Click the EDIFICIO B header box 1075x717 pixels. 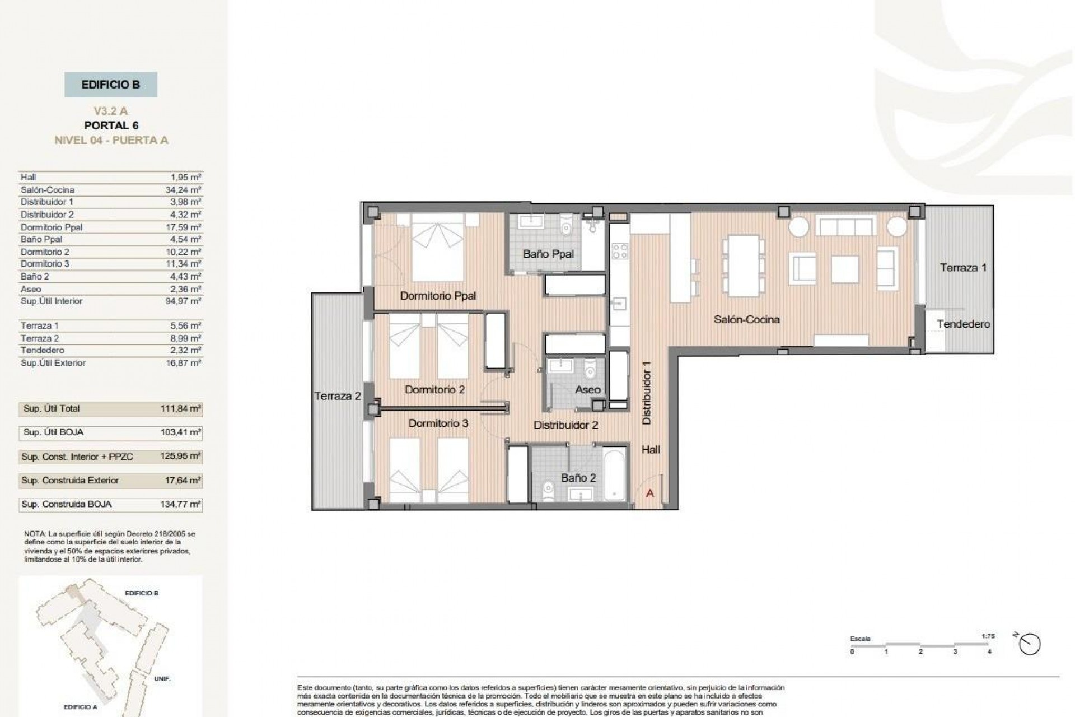coord(110,85)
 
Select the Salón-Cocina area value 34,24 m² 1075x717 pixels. coord(183,190)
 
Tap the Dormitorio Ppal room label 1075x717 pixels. coord(438,296)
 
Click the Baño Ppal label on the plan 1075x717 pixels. coord(548,254)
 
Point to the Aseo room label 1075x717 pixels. coord(587,389)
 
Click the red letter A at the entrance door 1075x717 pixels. coord(650,493)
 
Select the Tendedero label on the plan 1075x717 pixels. coord(963,324)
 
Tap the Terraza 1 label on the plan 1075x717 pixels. coord(963,268)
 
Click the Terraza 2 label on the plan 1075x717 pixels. coord(337,396)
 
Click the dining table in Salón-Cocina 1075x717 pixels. coord(744,266)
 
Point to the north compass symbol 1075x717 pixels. coord(1030,644)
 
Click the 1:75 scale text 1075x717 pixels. coord(987,636)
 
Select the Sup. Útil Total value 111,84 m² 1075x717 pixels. coord(180,409)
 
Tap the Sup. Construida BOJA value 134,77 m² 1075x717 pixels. coord(180,504)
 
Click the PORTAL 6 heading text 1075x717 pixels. coord(111,125)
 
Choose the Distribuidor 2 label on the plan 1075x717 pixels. coord(565,425)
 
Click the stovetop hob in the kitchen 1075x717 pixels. coord(619,251)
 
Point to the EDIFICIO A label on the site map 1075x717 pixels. coord(80,707)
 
